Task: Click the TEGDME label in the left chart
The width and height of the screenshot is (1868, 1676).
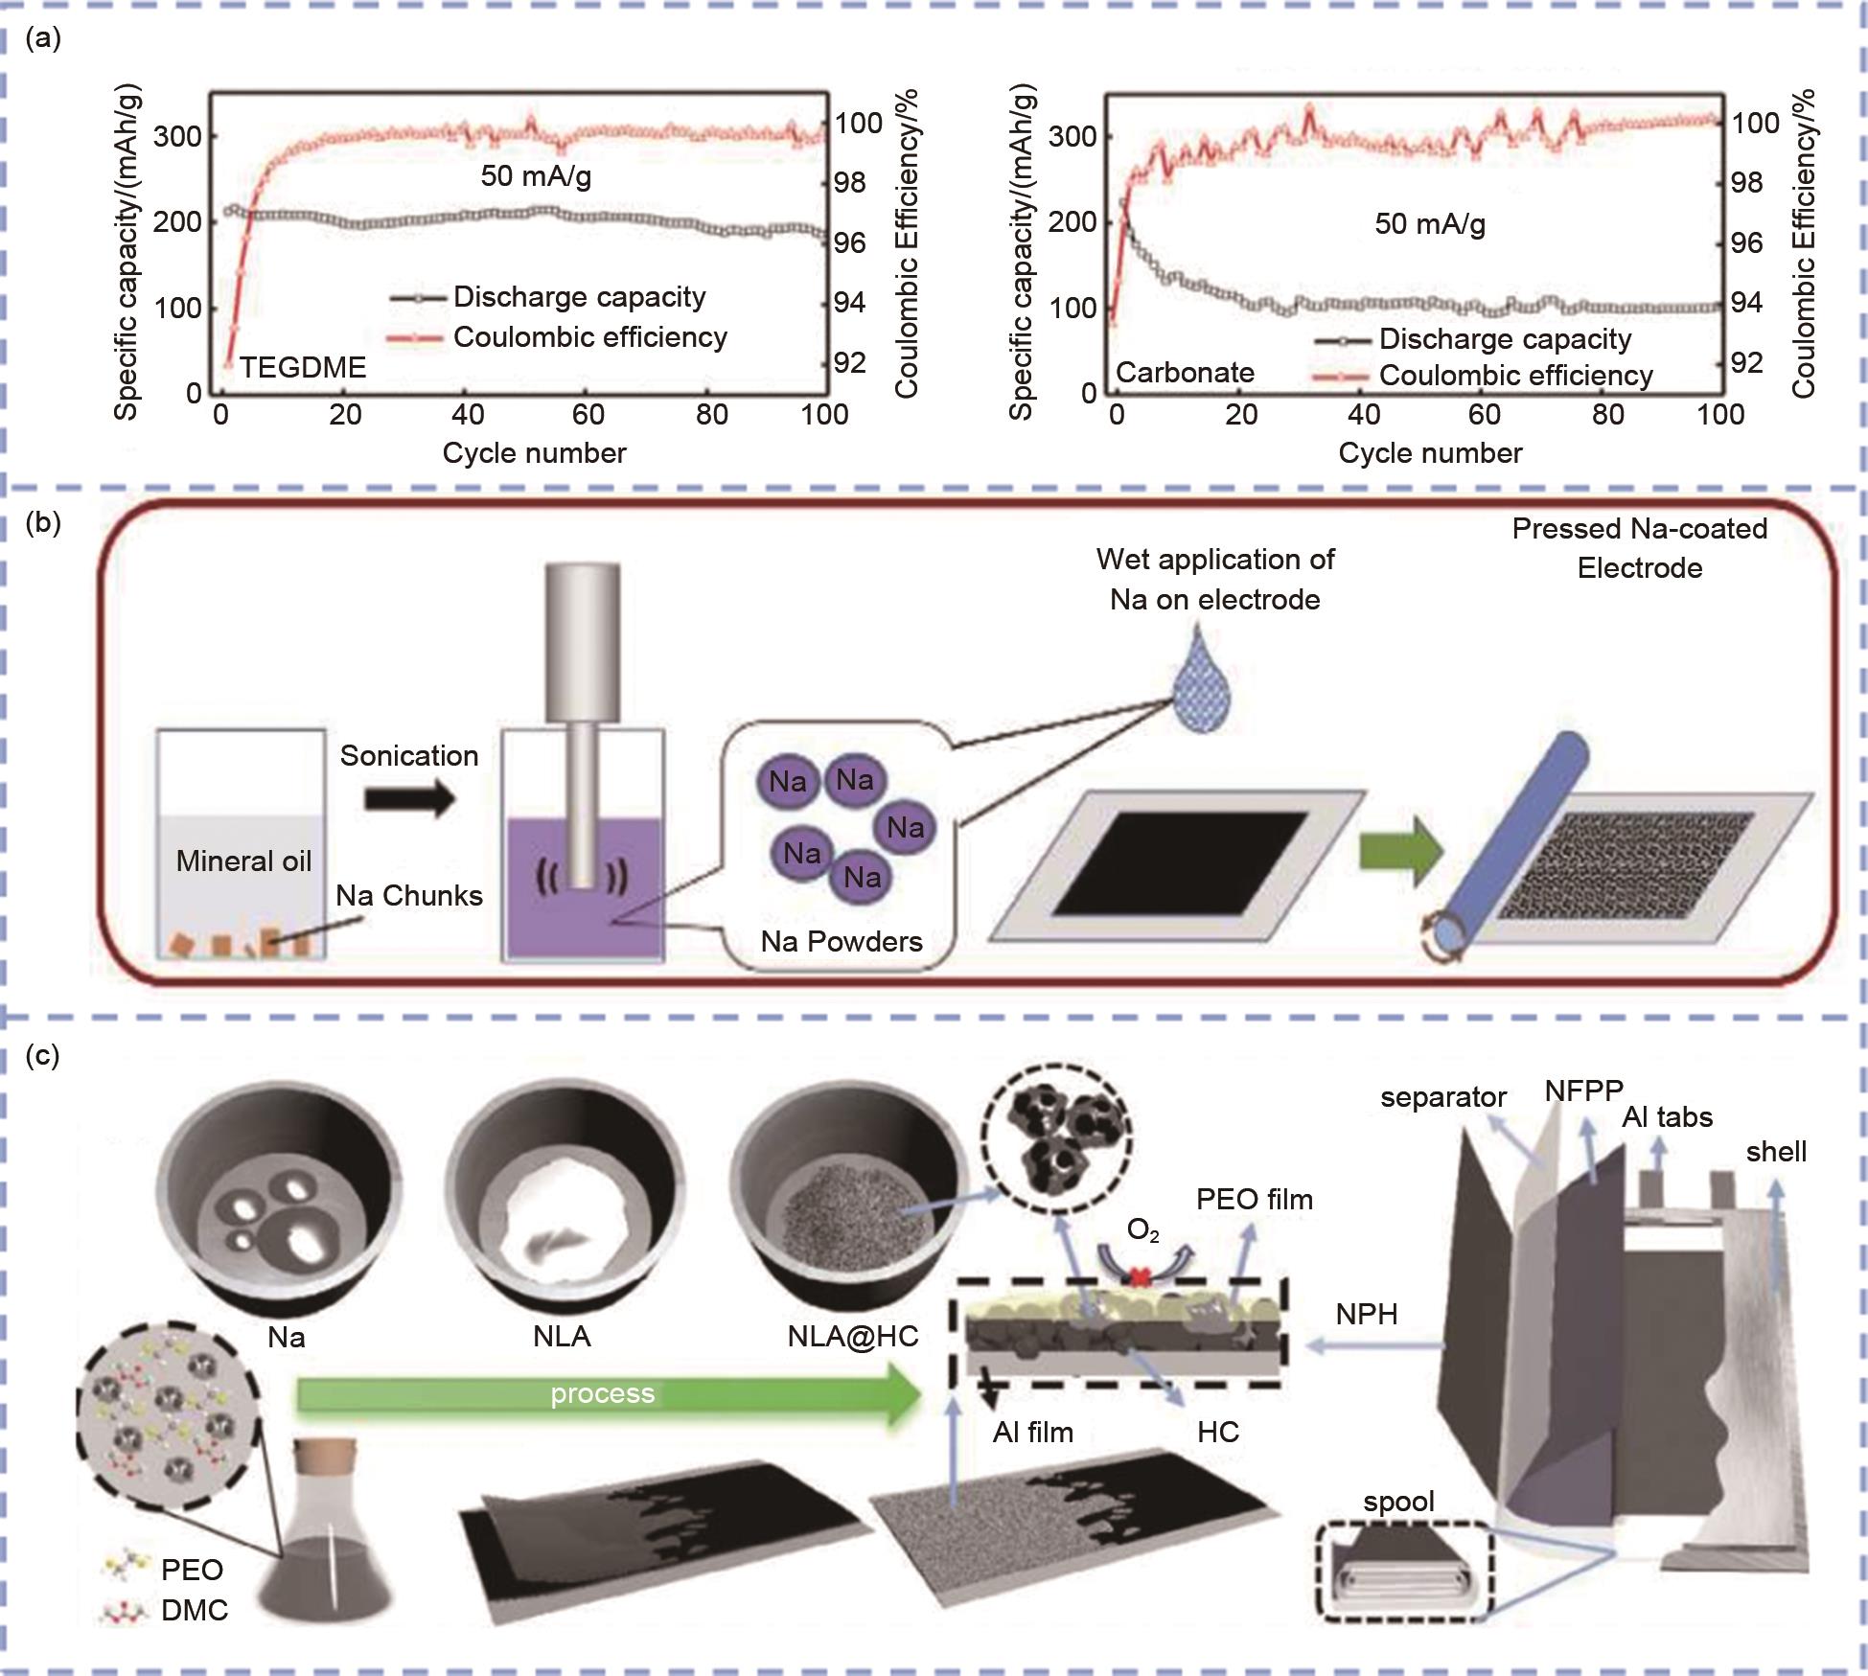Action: pyautogui.click(x=302, y=368)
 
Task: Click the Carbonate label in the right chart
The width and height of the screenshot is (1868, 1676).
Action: pyautogui.click(x=1185, y=373)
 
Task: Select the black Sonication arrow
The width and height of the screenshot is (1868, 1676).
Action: pyautogui.click(x=409, y=797)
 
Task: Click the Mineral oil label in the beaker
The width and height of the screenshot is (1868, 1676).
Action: pyautogui.click(x=243, y=861)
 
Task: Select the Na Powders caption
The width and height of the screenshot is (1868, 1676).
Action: pyautogui.click(x=841, y=941)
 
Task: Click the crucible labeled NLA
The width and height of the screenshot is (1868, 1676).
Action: pyautogui.click(x=565, y=1198)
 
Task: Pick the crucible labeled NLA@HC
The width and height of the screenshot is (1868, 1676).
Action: pyautogui.click(x=851, y=1198)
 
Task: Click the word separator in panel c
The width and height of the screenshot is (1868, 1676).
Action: pyautogui.click(x=1442, y=1097)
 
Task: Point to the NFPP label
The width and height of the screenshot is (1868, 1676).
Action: pyautogui.click(x=1583, y=1091)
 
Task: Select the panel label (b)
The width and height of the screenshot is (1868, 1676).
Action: pyautogui.click(x=43, y=522)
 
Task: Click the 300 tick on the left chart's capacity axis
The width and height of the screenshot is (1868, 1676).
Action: pyautogui.click(x=177, y=136)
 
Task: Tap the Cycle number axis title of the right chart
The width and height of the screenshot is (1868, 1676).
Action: pyautogui.click(x=1429, y=453)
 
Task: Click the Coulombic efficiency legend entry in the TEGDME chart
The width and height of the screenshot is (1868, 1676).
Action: pyautogui.click(x=588, y=337)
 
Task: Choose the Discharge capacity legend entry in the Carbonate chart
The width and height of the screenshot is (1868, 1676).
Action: pyautogui.click(x=1504, y=339)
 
